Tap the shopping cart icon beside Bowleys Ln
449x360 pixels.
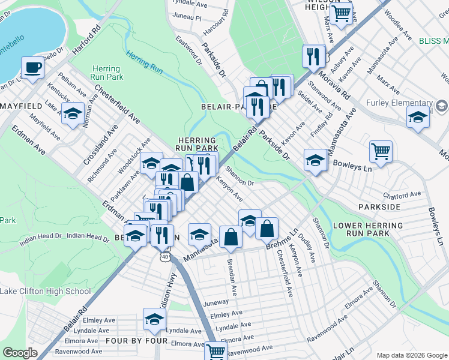pos(381,151)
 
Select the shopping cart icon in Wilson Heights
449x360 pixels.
pos(341,14)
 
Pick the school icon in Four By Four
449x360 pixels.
pos(154,319)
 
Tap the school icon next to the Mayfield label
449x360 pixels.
pos(73,114)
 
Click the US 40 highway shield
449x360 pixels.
pos(165,256)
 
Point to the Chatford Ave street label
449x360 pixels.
pos(402,195)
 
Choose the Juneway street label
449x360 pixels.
pos(216,303)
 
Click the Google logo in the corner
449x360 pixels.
pos(20,352)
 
